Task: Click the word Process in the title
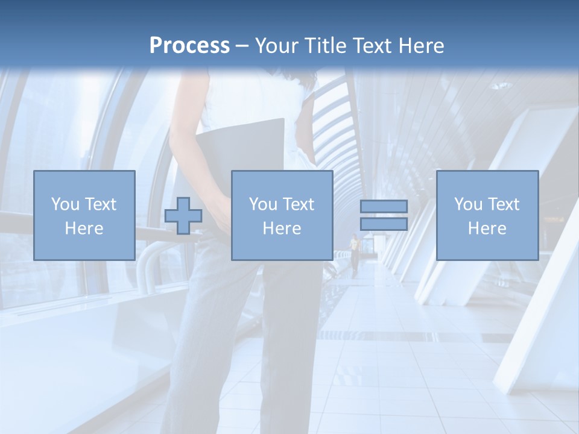pos(189,45)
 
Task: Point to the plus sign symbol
pos(183,215)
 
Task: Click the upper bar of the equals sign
pos(384,206)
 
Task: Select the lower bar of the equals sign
pos(384,224)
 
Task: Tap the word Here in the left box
pos(84,228)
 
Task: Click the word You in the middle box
pos(263,204)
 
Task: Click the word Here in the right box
pos(487,228)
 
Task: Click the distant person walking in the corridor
pos(355,253)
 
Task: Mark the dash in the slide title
pos(242,45)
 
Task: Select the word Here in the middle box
pos(282,228)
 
